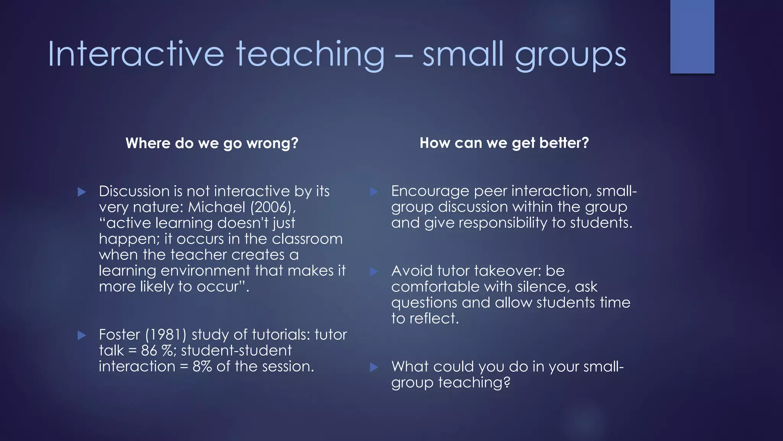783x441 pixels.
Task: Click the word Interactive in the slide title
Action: coord(136,54)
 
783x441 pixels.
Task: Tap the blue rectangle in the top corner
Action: coord(692,36)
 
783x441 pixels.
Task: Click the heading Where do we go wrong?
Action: coord(212,143)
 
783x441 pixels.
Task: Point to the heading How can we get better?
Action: coord(504,143)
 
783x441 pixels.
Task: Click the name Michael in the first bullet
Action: coord(216,207)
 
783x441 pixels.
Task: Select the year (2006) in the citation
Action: coord(273,207)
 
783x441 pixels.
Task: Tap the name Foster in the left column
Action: coord(119,335)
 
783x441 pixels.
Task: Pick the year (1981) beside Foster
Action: coord(166,335)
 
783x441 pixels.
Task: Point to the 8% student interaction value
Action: coord(202,366)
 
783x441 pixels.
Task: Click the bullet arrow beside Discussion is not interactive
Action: coord(82,192)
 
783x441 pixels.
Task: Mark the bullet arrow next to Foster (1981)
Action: coord(82,336)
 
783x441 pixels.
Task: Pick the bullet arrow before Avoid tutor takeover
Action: coord(374,272)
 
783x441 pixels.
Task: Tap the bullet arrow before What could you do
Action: coord(374,367)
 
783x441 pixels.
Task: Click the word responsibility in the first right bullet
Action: coord(503,223)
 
